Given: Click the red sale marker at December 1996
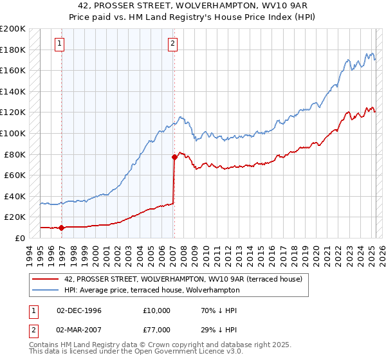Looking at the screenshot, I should [x=61, y=227].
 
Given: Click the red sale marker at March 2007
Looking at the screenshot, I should [x=174, y=157].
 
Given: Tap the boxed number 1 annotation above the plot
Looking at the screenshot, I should [x=59, y=44].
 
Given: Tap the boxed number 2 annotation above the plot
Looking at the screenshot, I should [x=174, y=44].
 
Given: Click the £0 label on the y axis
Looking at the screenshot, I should [x=19, y=238].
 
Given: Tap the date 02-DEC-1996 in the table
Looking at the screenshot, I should [x=80, y=310].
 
